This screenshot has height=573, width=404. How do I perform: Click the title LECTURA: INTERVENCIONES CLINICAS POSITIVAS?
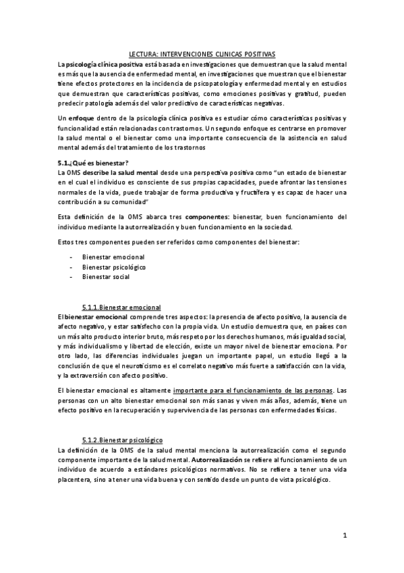[202, 53]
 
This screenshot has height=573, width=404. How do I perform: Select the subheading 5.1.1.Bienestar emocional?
[121, 307]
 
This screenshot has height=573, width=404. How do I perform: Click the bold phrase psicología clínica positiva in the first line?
[99, 64]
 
